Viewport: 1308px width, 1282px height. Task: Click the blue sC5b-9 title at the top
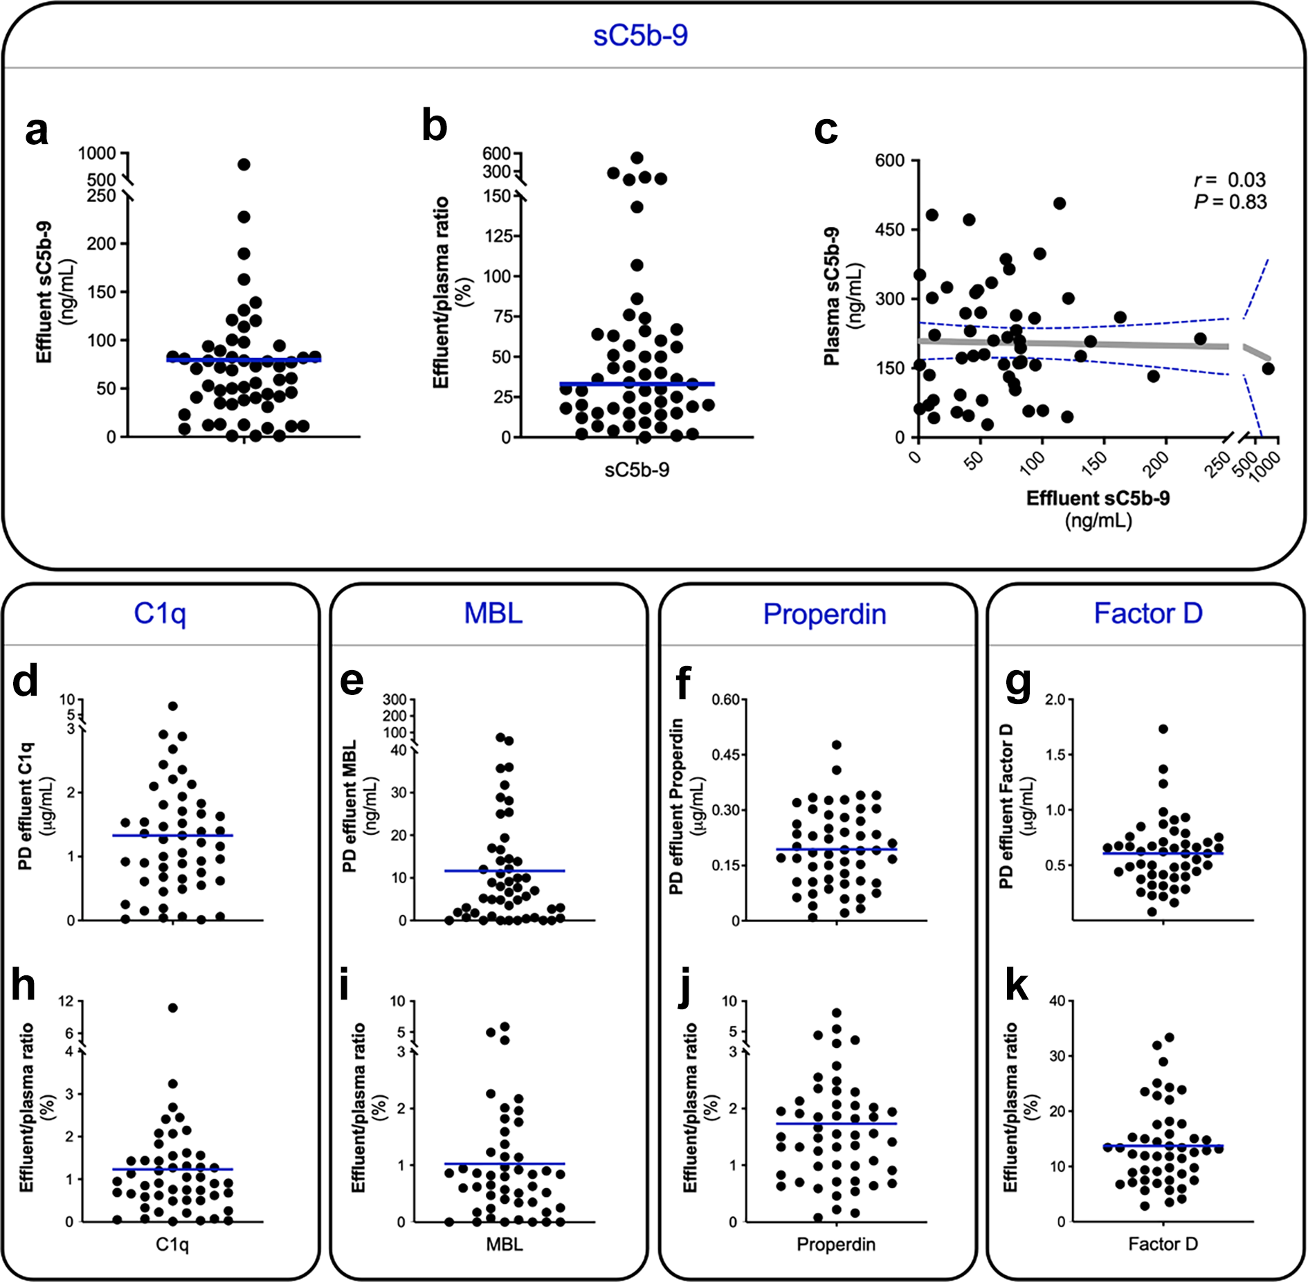click(x=640, y=35)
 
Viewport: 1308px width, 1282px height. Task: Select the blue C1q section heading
click(x=160, y=614)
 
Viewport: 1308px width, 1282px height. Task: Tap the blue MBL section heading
click(x=493, y=613)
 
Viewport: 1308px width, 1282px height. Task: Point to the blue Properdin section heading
click(x=824, y=614)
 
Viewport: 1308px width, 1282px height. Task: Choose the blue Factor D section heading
click(x=1148, y=613)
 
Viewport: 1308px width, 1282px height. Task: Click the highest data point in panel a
click(x=244, y=164)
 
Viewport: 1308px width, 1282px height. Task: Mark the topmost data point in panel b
click(x=637, y=158)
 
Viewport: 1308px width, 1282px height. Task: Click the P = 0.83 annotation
click(x=1230, y=202)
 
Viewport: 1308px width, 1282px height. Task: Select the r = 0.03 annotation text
click(x=1230, y=180)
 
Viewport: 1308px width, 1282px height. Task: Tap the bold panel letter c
click(x=826, y=131)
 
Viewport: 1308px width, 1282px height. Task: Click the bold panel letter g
click(x=1018, y=685)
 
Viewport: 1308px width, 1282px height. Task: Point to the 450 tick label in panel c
click(x=890, y=230)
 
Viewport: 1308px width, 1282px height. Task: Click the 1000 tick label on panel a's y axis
click(x=97, y=153)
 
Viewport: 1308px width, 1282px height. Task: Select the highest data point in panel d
click(x=173, y=706)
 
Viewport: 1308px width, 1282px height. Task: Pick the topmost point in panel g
click(x=1163, y=729)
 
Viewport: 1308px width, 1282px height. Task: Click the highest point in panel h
click(x=173, y=1008)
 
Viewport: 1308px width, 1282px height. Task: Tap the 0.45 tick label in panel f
click(x=726, y=755)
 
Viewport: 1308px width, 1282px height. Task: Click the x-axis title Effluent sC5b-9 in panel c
click(x=1098, y=498)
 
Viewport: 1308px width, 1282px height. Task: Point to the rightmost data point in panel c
click(x=1268, y=368)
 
